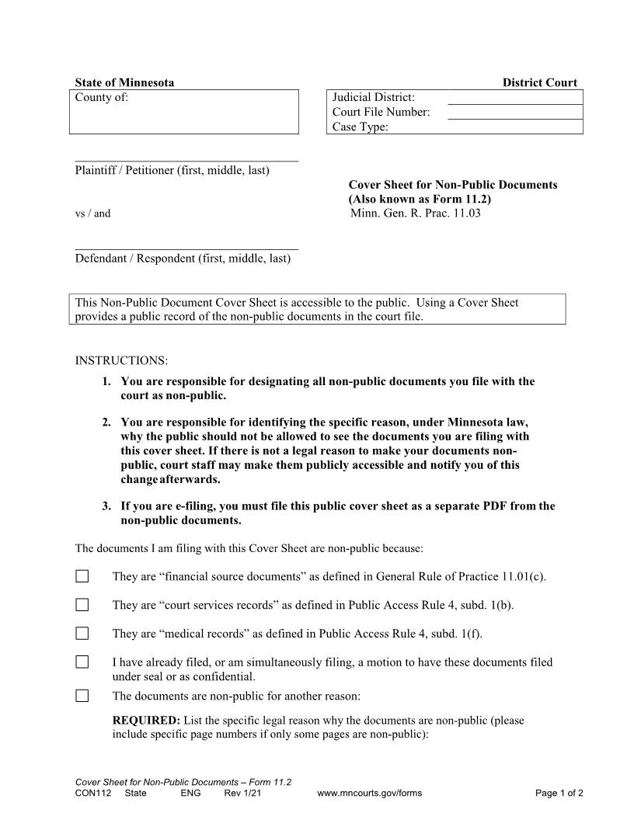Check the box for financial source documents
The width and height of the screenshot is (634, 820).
coord(82,576)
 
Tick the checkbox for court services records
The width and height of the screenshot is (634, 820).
coord(82,605)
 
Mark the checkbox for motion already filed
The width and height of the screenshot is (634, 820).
coord(82,662)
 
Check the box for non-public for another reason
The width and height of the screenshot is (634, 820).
coord(82,696)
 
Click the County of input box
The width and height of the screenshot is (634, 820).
coord(185,113)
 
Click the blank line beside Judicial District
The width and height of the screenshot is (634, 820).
coord(515,98)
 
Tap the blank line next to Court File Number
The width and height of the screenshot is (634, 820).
coord(515,113)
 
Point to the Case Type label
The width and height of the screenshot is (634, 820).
coord(360,127)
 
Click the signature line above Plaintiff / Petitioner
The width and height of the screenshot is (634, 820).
coord(186,160)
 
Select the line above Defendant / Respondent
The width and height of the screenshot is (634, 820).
coord(186,248)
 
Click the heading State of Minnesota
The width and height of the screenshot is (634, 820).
coord(124,82)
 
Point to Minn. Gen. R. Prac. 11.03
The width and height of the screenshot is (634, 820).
coord(416,213)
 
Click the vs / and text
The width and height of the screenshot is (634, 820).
coord(92,214)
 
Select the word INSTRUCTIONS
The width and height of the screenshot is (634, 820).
coord(121,361)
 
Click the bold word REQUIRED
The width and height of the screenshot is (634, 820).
coord(146,721)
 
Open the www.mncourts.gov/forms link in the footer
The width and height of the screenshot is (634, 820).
coord(370,794)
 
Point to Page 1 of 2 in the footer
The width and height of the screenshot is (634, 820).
coord(559,794)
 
